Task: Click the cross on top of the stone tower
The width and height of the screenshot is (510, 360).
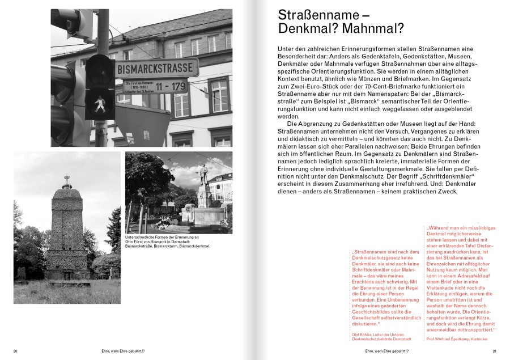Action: [67, 181]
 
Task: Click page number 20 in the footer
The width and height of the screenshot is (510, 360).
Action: [15, 351]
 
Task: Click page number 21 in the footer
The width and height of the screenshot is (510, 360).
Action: [494, 351]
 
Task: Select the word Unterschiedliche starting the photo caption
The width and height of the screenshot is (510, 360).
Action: [139, 238]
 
